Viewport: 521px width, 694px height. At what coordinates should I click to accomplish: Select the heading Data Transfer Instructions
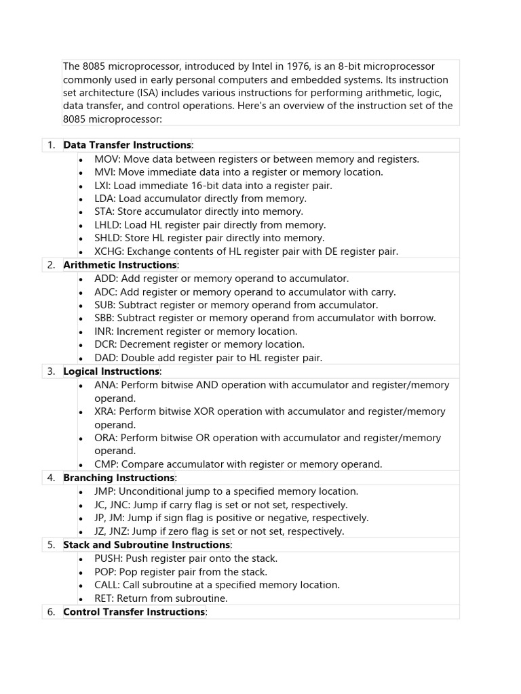coord(128,145)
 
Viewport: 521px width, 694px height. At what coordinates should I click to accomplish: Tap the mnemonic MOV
coord(107,159)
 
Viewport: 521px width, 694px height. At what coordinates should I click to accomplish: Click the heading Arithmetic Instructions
coord(119,265)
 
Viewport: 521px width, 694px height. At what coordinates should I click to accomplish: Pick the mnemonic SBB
coord(104,318)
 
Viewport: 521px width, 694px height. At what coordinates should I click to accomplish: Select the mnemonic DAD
coord(106,358)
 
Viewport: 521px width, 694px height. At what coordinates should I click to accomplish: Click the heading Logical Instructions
coord(111,371)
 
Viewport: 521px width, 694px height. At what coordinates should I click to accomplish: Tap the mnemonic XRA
coord(105,411)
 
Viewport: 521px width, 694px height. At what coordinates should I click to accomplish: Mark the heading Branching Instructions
coord(119,478)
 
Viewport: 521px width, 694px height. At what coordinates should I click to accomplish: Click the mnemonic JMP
coord(105,491)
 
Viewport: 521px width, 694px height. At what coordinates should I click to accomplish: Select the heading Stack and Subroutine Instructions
coord(147,545)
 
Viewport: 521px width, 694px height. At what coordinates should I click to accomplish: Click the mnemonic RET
coord(104,598)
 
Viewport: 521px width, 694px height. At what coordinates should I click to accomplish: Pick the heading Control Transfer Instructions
coord(134,612)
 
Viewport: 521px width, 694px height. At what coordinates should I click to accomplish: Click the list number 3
coord(51,371)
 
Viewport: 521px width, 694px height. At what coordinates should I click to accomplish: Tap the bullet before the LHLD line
coord(80,225)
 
